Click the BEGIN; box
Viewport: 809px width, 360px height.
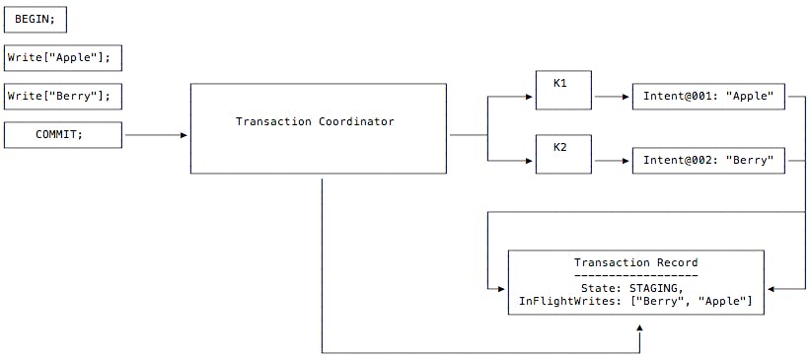point(36,19)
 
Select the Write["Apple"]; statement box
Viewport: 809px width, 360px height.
point(63,57)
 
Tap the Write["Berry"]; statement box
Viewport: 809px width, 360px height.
point(63,96)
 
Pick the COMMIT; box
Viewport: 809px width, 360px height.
point(63,134)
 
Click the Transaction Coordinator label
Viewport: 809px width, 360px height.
point(315,121)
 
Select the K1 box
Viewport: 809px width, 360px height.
point(562,89)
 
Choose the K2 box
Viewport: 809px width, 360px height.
point(562,154)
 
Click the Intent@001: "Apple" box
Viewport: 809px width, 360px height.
point(708,97)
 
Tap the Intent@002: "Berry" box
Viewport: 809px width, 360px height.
point(708,160)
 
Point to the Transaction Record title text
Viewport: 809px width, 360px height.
point(635,262)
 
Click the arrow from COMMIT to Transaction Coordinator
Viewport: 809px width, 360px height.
point(156,135)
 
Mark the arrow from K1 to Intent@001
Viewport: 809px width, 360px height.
point(611,97)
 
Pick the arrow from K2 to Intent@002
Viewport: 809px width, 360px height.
point(611,160)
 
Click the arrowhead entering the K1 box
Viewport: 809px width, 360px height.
point(530,97)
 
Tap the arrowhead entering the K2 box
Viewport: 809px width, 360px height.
point(530,160)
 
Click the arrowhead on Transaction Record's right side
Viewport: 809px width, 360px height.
point(771,288)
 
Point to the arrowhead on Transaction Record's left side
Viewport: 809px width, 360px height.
point(502,288)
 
